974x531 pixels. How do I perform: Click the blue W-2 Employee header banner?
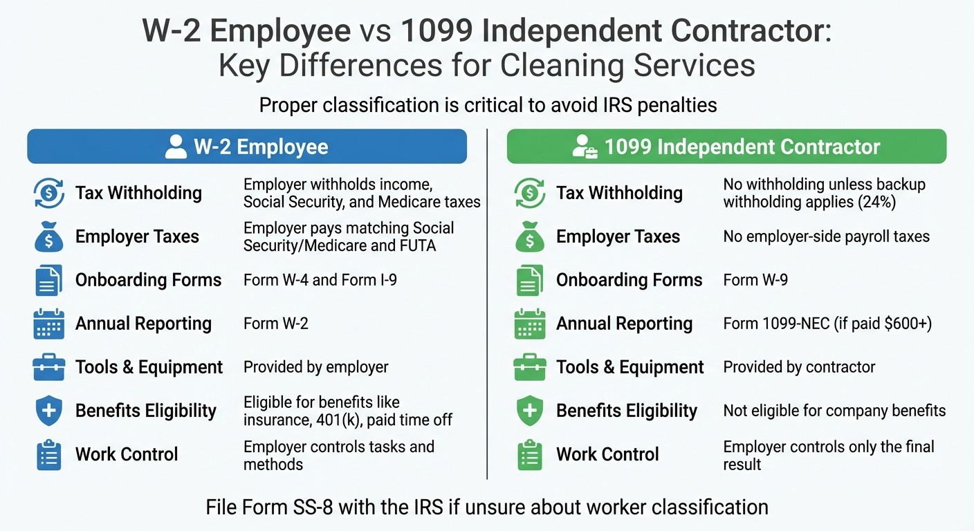click(x=247, y=147)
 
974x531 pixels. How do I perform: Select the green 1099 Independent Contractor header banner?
click(x=726, y=147)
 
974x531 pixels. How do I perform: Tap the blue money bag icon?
click(x=48, y=236)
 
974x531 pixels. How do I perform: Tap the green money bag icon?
click(x=530, y=236)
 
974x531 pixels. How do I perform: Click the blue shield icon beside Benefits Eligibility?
click(x=48, y=411)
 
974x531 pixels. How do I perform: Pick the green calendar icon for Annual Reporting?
click(x=530, y=324)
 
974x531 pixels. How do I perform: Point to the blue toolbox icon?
click(x=48, y=367)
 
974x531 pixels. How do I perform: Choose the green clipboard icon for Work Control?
click(x=530, y=454)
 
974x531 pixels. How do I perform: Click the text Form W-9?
click(x=755, y=280)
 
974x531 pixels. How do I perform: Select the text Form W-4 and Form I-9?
click(x=320, y=280)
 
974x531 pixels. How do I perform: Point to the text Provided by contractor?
click(x=799, y=367)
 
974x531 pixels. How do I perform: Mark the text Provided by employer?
click(x=315, y=367)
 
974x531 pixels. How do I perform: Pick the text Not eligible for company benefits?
click(x=834, y=411)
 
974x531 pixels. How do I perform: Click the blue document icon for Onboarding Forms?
click(x=48, y=280)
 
